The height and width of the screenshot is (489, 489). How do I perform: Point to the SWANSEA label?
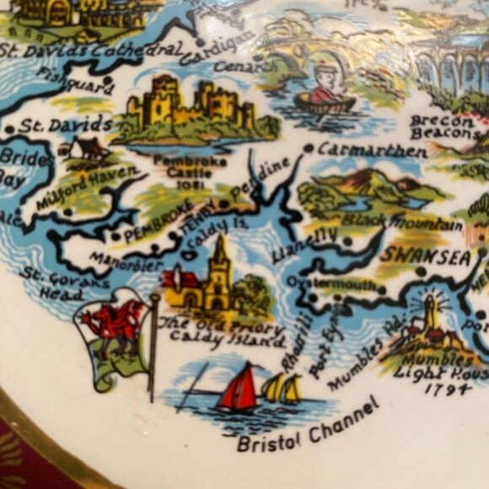click(x=424, y=256)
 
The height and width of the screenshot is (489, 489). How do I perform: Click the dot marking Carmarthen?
click(x=309, y=148)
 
